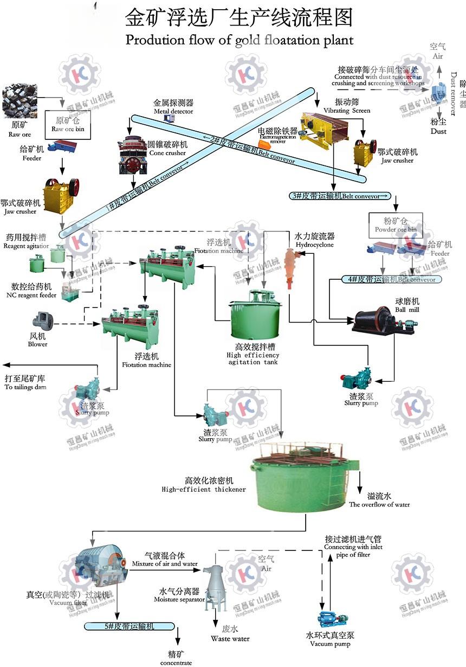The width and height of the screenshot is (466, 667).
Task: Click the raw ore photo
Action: [x=19, y=101]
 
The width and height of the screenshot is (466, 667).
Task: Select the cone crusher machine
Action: [x=132, y=155]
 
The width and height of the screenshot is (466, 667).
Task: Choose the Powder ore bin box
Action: [x=396, y=225]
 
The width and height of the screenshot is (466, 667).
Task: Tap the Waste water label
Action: [x=230, y=639]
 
